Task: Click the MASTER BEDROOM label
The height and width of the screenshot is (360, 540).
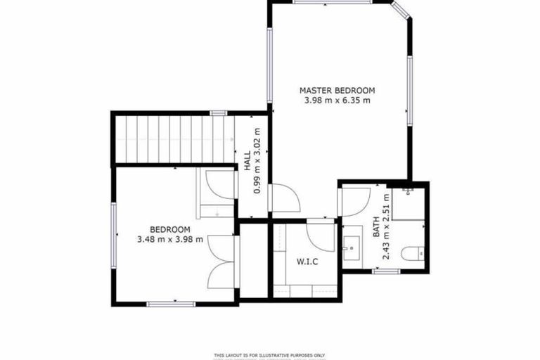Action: click(x=337, y=90)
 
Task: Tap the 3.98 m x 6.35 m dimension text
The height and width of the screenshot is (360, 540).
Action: click(x=337, y=101)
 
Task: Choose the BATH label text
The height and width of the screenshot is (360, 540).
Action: click(x=376, y=226)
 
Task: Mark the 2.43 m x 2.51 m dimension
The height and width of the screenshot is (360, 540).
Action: click(x=386, y=226)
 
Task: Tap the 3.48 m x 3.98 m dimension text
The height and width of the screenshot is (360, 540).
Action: click(x=170, y=239)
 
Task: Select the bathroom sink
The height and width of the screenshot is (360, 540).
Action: click(x=351, y=247)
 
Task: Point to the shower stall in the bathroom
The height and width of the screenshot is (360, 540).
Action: click(x=409, y=203)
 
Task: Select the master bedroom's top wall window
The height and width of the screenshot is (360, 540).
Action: click(x=323, y=2)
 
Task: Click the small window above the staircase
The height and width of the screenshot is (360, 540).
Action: click(x=218, y=112)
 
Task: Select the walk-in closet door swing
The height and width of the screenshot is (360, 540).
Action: click(x=321, y=236)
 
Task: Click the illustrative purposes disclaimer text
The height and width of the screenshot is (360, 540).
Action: click(x=270, y=354)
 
